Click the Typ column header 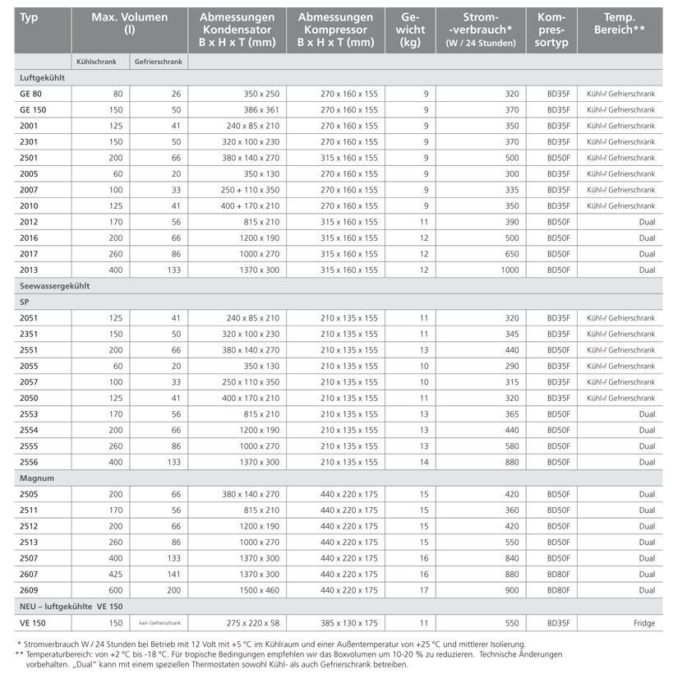(x=29, y=17)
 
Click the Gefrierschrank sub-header (x=159, y=62)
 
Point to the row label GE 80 (x=32, y=94)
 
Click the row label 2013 (x=29, y=270)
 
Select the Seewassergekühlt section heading (x=54, y=286)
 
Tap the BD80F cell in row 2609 (x=559, y=590)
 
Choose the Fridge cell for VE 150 (x=644, y=623)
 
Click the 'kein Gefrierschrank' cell (x=159, y=623)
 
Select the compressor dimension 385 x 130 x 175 (x=349, y=623)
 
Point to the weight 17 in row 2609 (x=424, y=590)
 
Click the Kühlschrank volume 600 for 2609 (x=116, y=590)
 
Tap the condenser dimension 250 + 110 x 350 (x=250, y=190)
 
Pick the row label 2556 (x=29, y=462)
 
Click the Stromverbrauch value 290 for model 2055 (x=510, y=366)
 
